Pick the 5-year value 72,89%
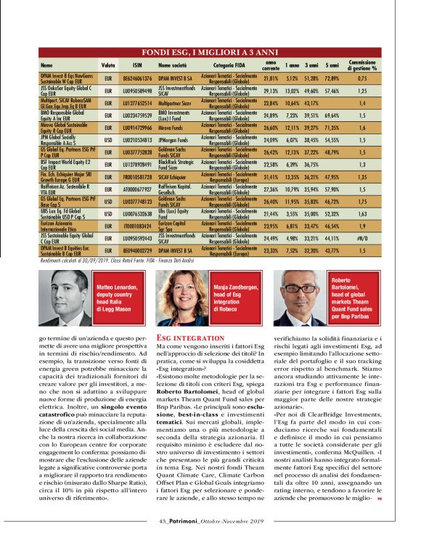[x=332, y=77]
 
